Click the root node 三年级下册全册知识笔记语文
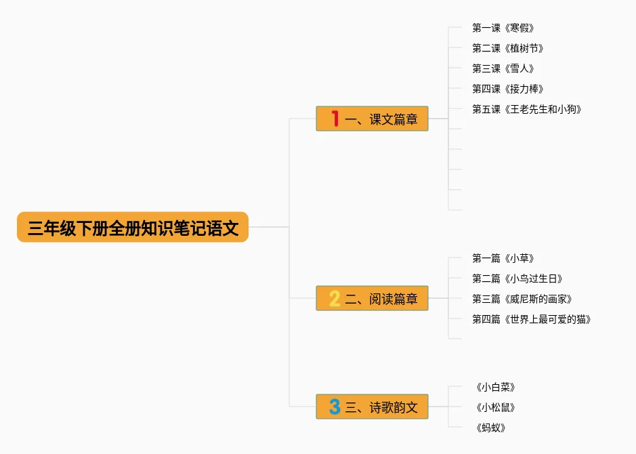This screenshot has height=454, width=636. point(133,228)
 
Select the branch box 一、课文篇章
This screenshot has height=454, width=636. point(372,119)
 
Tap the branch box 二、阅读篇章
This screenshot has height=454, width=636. point(372,298)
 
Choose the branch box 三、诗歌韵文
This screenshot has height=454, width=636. point(372,407)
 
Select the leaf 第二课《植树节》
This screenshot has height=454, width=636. point(508,48)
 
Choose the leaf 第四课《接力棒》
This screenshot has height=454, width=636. point(508,89)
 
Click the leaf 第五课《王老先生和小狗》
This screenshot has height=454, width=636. point(527,109)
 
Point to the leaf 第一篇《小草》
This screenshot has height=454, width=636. point(503,258)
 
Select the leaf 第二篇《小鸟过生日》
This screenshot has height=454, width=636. point(517,278)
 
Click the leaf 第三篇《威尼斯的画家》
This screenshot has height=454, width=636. point(522,299)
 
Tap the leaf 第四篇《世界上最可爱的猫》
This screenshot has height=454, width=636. point(532,319)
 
